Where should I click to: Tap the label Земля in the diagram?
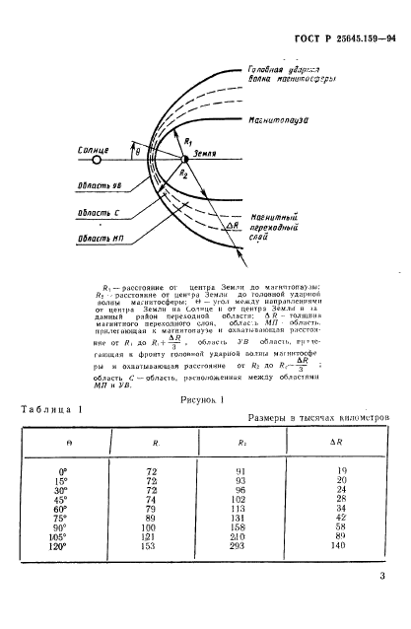[x=204, y=154]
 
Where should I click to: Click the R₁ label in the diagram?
[x=189, y=140]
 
